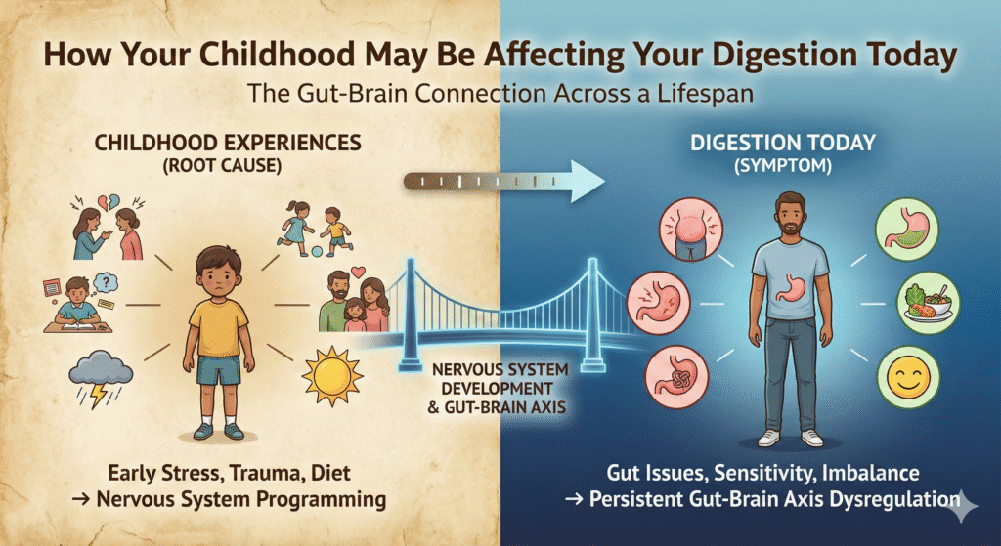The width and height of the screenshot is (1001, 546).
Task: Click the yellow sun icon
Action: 331,376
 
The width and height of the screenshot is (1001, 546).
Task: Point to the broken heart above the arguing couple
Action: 109,203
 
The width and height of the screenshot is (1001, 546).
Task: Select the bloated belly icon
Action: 690,228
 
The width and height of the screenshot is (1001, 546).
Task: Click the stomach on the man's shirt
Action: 790,287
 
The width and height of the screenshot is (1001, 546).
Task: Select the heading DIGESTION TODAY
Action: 782,143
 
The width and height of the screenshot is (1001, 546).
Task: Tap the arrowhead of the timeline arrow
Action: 587,181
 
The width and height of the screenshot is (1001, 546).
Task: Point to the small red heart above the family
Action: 358,272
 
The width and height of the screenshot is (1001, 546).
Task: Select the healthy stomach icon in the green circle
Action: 907,229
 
